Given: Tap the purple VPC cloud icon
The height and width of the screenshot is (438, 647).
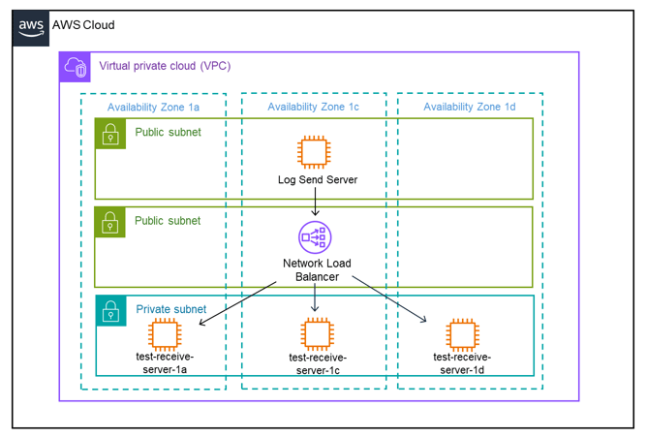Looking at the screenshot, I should tap(76, 67).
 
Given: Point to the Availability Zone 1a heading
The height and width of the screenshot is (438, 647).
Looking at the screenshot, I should tap(153, 107).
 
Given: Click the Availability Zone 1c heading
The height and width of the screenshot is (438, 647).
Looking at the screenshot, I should tap(313, 107).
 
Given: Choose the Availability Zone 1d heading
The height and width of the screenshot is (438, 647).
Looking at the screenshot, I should tap(470, 107).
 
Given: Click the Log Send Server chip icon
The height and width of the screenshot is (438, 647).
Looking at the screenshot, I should tap(313, 153).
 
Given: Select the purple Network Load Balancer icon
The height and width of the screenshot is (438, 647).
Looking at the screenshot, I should tap(314, 237).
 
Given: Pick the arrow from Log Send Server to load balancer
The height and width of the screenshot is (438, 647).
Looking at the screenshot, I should tap(314, 202).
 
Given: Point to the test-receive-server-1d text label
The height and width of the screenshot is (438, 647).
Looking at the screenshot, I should tap(462, 363).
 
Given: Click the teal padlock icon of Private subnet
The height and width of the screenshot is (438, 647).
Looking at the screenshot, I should tap(111, 310).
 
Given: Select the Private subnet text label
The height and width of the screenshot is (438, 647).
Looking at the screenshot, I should tap(171, 309).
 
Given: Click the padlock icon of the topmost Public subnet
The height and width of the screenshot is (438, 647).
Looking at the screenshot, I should tap(111, 133).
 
